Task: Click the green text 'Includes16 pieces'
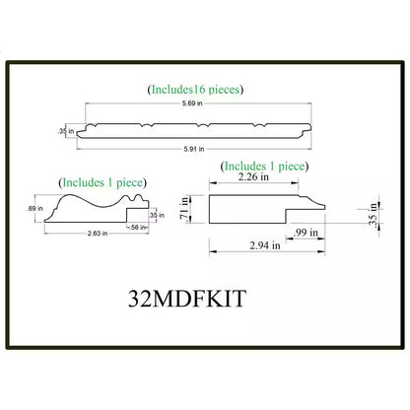(x=195, y=90)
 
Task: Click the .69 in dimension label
(x=37, y=208)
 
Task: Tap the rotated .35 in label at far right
(x=372, y=211)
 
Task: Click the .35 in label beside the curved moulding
(x=154, y=214)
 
